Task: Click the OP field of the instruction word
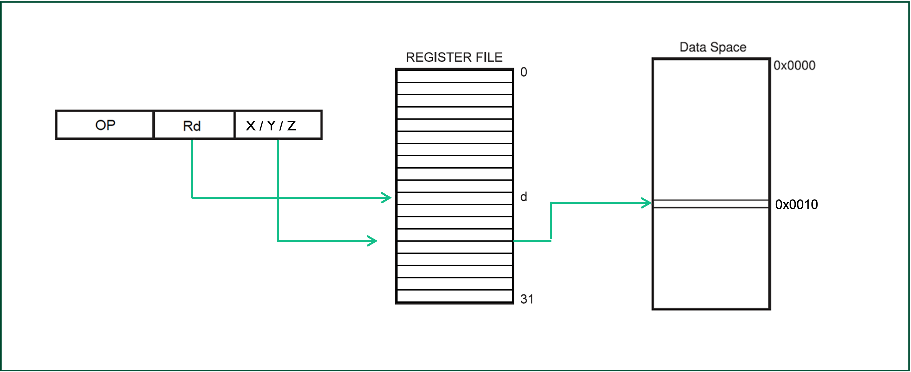click(105, 125)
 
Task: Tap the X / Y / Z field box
click(278, 125)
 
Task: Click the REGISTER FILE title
click(454, 57)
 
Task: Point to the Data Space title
click(713, 47)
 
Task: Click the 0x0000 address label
click(794, 65)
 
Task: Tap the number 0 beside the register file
click(524, 72)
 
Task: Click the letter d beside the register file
click(524, 197)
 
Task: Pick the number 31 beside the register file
click(527, 299)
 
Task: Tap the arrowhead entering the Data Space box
click(647, 203)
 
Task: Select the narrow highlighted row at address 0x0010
click(711, 204)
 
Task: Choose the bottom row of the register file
click(454, 296)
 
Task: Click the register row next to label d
click(454, 198)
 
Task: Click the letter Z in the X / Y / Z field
click(291, 126)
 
